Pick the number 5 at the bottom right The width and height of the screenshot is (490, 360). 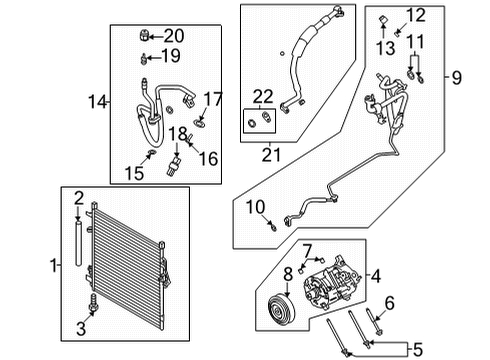(390, 302)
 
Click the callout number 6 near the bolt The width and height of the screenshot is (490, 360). (307, 249)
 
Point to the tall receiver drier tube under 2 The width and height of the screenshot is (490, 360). (77, 245)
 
